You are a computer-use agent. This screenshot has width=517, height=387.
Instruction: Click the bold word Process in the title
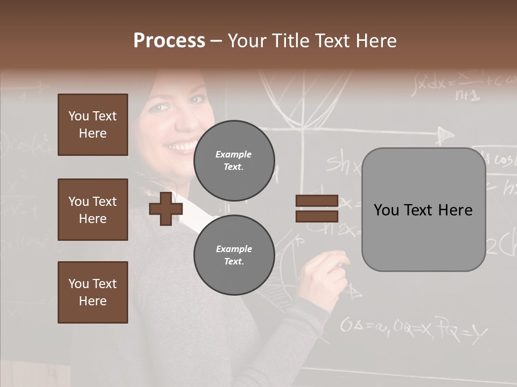(x=169, y=41)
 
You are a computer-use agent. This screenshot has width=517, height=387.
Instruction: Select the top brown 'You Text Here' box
(x=93, y=125)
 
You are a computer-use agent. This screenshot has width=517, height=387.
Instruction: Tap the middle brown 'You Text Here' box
(x=93, y=210)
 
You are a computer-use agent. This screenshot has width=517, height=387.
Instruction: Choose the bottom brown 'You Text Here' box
(x=93, y=292)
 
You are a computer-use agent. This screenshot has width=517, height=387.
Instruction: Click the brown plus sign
(x=165, y=209)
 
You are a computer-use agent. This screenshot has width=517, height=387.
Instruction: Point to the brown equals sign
(x=317, y=209)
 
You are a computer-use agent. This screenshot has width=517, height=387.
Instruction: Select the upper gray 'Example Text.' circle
(x=234, y=160)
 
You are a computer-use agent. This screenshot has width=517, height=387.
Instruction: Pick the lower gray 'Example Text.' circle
(x=234, y=255)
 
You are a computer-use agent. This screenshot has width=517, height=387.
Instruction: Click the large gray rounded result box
(x=423, y=210)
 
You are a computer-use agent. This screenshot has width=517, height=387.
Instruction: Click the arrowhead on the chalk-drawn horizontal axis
(x=445, y=134)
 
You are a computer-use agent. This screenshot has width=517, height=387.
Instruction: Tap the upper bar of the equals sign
(x=317, y=201)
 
